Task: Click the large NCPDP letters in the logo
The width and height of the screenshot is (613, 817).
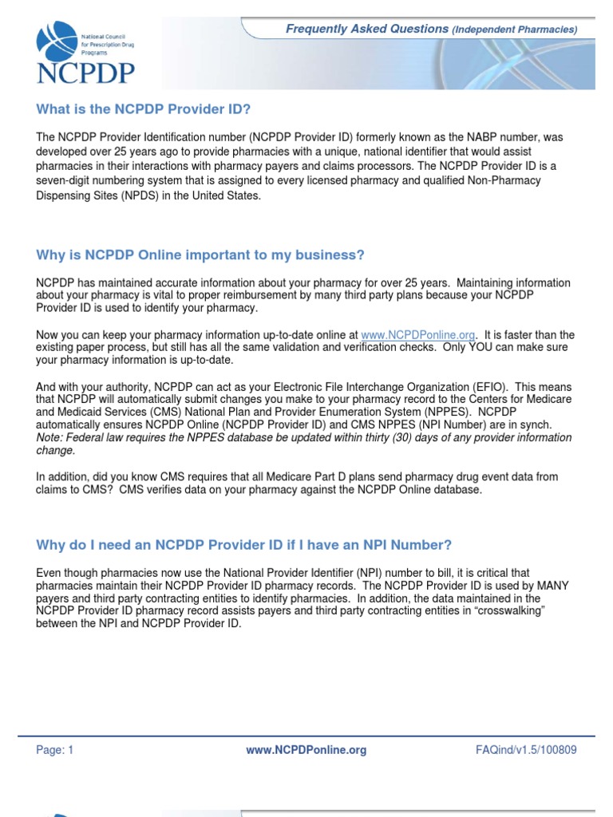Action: pos(85,73)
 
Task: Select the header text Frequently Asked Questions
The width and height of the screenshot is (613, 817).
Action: pos(367,29)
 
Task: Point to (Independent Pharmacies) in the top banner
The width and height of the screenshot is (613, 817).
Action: pos(515,30)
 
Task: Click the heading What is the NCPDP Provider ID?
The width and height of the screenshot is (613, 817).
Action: pos(148,109)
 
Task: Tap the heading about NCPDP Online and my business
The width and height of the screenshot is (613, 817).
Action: pos(200,255)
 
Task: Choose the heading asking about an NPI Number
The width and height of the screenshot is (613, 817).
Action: pos(243,545)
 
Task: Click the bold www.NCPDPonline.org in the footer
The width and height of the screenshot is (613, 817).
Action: pos(306,750)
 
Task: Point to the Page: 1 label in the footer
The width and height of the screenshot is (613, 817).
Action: pos(55,750)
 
